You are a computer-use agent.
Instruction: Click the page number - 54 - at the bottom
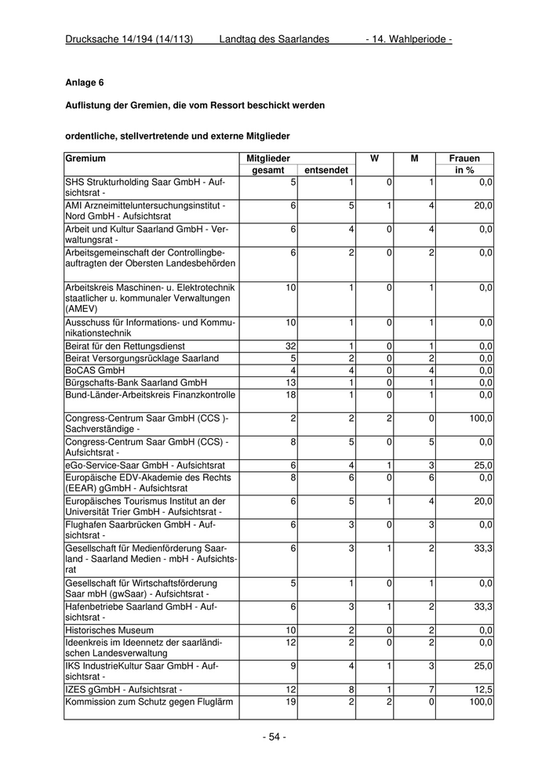click(x=274, y=737)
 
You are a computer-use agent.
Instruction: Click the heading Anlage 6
click(x=85, y=82)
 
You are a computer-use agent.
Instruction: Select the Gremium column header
click(x=85, y=158)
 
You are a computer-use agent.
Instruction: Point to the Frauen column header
click(x=464, y=158)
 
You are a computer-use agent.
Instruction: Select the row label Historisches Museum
click(x=109, y=630)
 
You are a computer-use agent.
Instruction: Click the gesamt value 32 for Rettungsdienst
click(x=290, y=346)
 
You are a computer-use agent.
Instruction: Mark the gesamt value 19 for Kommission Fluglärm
click(x=290, y=702)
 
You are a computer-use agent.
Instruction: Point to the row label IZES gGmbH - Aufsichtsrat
click(x=123, y=689)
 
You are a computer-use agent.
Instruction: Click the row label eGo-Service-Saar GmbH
click(x=148, y=465)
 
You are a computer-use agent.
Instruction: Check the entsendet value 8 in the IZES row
click(x=352, y=689)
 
